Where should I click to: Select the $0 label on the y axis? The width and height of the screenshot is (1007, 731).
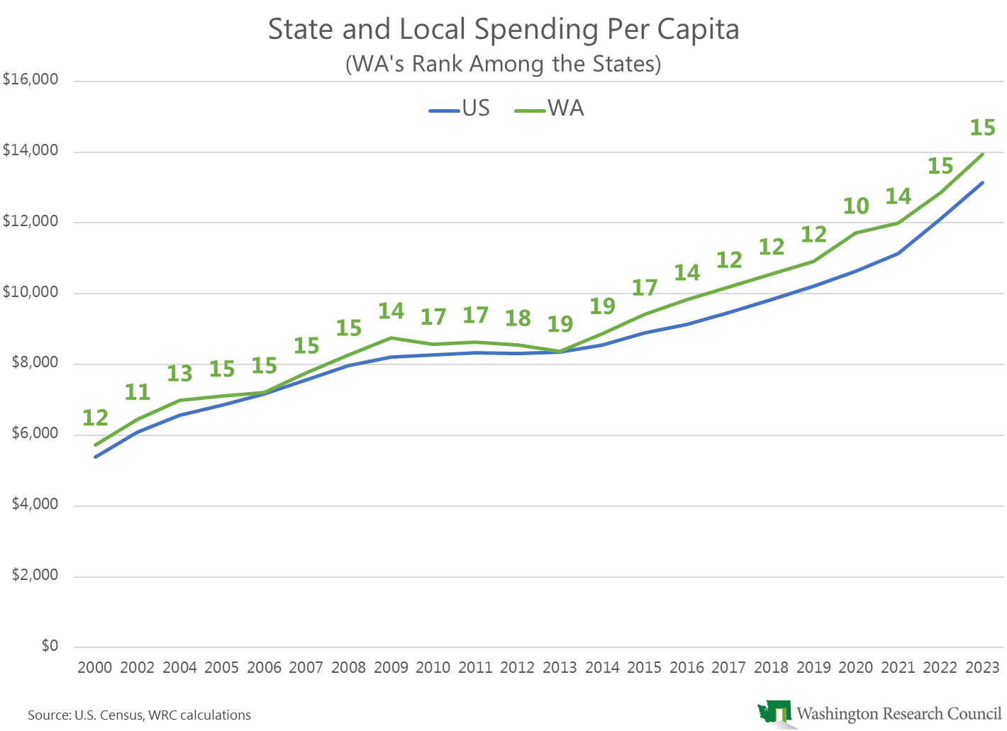click(x=50, y=646)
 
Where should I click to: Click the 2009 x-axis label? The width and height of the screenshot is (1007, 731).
click(x=391, y=668)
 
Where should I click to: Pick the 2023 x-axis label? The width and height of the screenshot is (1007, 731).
click(x=983, y=668)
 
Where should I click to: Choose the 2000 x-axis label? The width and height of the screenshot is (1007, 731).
click(x=95, y=668)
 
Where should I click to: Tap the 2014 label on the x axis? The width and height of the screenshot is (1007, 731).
click(x=602, y=668)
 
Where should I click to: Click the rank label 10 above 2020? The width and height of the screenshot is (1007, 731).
click(x=856, y=206)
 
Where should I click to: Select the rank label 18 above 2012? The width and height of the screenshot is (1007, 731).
click(x=518, y=318)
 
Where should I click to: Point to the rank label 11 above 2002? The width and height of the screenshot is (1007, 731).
click(x=138, y=392)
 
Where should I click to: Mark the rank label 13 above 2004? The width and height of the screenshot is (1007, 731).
click(x=179, y=374)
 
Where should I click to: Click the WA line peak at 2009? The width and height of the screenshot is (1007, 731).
click(x=391, y=337)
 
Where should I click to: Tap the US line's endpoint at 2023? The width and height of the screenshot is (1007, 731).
click(x=983, y=183)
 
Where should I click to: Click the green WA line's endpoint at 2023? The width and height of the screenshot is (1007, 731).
click(x=983, y=154)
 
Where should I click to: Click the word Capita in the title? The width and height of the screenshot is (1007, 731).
click(x=698, y=30)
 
